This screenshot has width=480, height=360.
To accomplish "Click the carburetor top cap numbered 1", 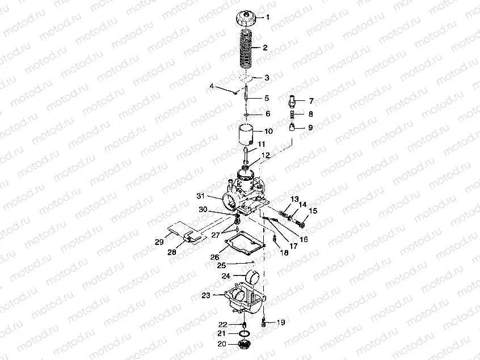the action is (246, 18).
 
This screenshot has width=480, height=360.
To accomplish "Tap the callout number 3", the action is (267, 78).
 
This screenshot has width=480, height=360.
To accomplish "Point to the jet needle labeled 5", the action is (246, 98).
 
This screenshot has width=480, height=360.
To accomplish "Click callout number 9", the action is (310, 127).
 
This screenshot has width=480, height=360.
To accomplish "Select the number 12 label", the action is (265, 155).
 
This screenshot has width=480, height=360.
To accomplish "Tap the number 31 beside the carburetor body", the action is (200, 196).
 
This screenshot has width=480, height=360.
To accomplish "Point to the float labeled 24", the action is (255, 277).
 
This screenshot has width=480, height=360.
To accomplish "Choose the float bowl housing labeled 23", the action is (245, 300).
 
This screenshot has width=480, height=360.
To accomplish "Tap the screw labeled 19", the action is (263, 322).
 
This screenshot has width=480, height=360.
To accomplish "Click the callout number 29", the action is (159, 242).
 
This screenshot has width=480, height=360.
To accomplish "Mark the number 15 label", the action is (313, 211).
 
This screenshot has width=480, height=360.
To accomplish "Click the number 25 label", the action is (222, 265).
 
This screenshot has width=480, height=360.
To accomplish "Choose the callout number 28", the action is (172, 252).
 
